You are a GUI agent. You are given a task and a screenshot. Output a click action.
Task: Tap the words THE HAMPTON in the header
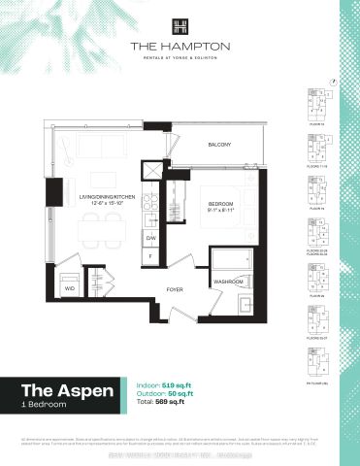pyautogui.click(x=180, y=45)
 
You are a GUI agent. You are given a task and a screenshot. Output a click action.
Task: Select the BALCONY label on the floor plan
pyautogui.click(x=219, y=145)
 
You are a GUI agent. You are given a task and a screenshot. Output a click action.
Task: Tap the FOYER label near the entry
pyautogui.click(x=175, y=289)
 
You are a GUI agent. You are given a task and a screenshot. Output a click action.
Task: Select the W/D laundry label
pyautogui.click(x=70, y=287)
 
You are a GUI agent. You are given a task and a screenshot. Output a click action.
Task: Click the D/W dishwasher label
pyautogui.click(x=150, y=237)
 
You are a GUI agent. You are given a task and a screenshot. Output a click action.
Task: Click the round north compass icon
pyautogui.click(x=333, y=83)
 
